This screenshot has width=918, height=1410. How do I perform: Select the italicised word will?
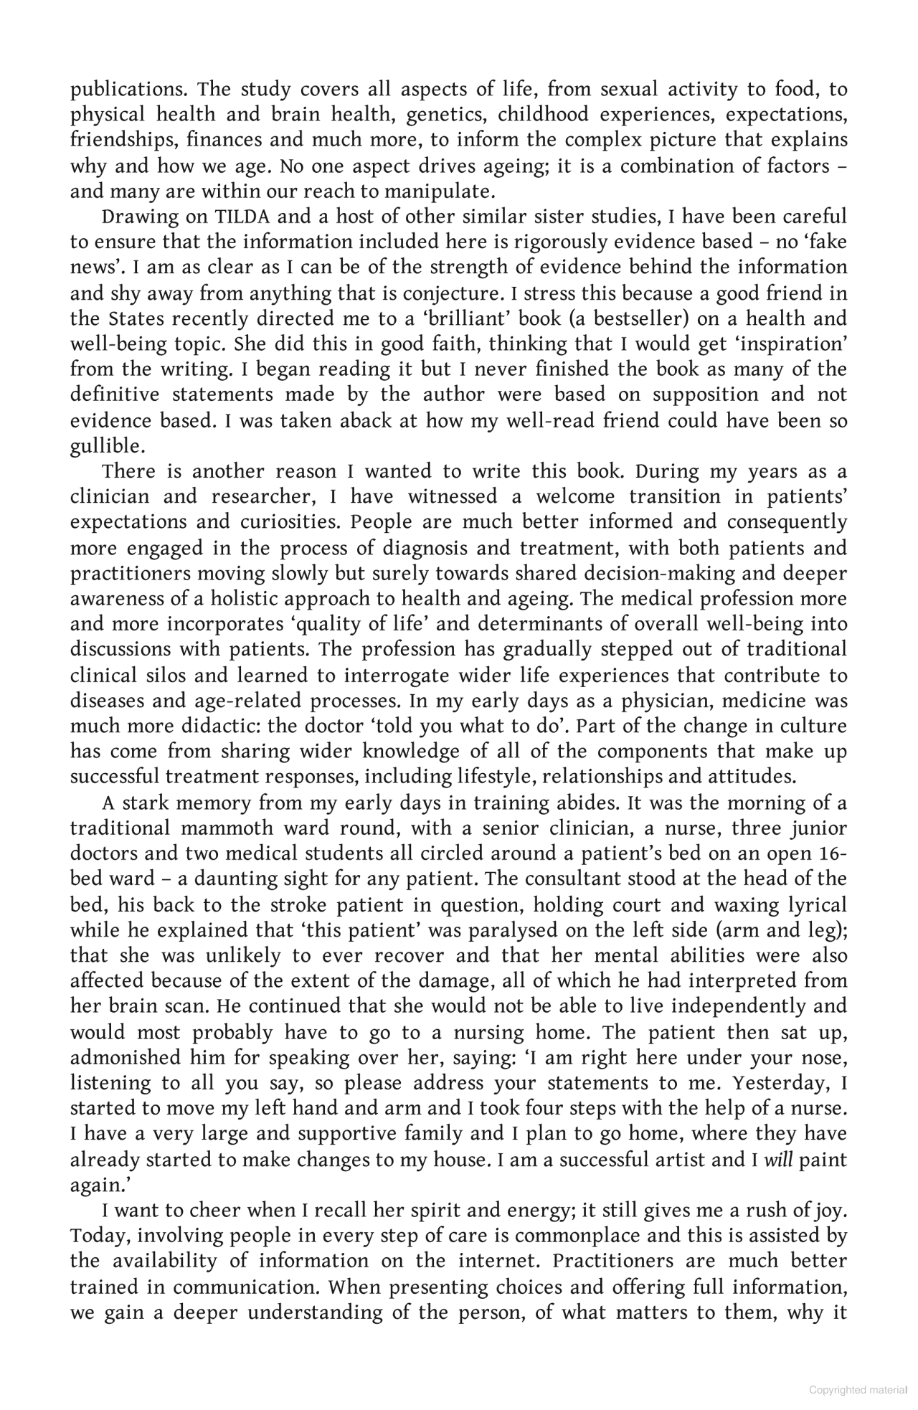point(778,1160)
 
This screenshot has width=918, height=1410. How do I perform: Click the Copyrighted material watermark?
point(858,1389)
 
